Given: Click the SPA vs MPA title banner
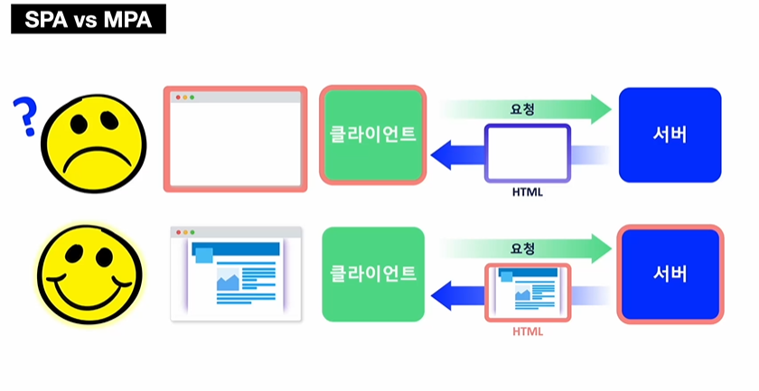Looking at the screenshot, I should [x=89, y=19].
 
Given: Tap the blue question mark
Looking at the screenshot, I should [x=23, y=118].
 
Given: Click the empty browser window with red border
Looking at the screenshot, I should [x=235, y=139].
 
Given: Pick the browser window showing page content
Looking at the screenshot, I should [x=235, y=273].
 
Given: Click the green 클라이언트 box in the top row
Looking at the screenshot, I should [x=372, y=135].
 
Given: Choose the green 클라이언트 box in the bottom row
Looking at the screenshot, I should [x=372, y=273].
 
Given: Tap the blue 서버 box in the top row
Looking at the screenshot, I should [x=670, y=135].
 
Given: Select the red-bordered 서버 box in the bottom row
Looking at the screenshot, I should [x=670, y=273].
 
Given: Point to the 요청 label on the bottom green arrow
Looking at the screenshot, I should [x=522, y=246].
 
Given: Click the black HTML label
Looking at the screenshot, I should [x=528, y=192].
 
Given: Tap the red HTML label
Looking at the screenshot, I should [x=528, y=331].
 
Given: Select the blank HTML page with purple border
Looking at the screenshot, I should [x=528, y=154].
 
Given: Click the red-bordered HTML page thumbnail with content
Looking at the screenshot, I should [x=528, y=292].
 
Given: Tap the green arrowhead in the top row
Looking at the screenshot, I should [x=602, y=108].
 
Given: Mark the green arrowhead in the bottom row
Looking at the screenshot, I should [x=602, y=246].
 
